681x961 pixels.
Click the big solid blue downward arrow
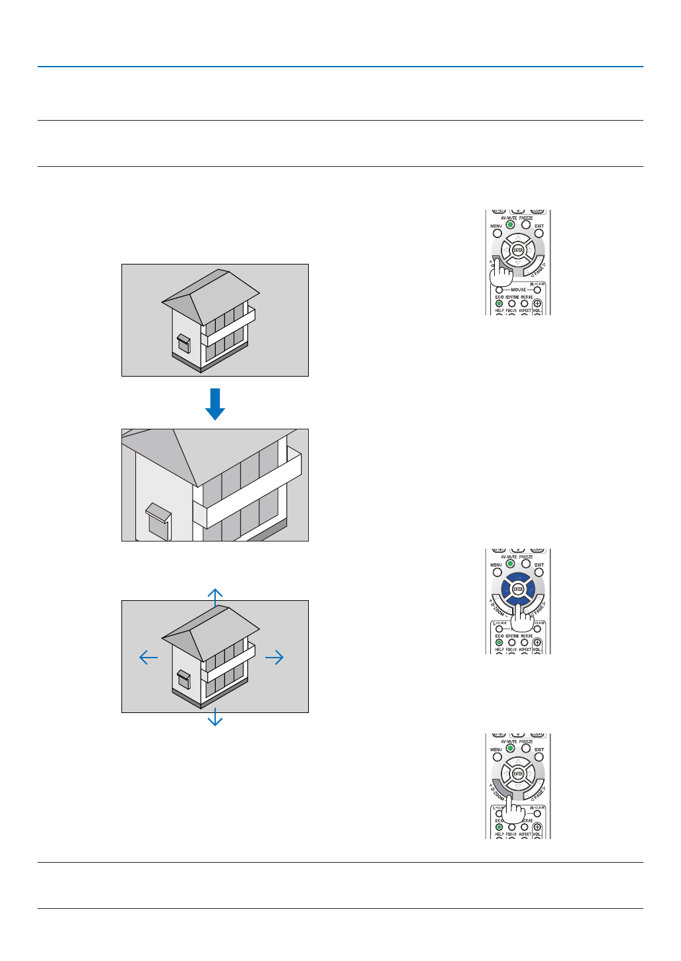coord(215,404)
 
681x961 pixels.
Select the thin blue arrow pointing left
coord(148,657)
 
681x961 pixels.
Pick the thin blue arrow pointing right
coord(275,657)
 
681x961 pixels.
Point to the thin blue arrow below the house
coord(215,717)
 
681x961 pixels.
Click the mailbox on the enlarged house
coord(158,520)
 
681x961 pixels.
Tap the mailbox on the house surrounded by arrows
coord(183,679)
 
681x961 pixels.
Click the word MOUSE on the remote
coord(519,290)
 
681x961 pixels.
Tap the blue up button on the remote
coord(518,577)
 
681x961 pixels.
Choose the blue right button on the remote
coord(530,589)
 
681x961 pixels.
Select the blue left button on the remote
coord(506,589)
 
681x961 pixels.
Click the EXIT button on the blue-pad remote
coord(539,573)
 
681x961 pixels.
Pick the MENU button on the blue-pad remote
coord(497,573)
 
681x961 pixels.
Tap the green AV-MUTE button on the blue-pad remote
coord(510,564)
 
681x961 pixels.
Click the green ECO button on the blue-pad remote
coord(499,642)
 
